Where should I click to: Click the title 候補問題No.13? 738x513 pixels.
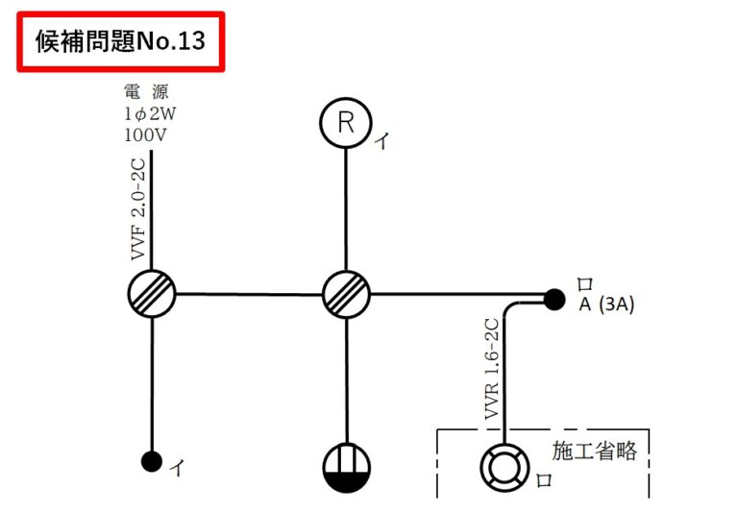click(120, 41)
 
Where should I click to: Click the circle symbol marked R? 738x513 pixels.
click(346, 122)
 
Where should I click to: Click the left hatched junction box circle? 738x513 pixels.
click(151, 293)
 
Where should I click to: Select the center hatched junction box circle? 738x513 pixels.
click(346, 293)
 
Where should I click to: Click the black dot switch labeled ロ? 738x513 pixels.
click(553, 300)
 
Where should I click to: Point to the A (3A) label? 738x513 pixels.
click(606, 305)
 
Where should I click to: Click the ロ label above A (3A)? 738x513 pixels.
click(583, 284)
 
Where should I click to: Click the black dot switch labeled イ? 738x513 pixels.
click(151, 462)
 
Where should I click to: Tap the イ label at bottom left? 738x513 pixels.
click(177, 468)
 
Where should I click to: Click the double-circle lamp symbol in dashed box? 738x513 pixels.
click(504, 468)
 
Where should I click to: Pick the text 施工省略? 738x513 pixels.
click(594, 451)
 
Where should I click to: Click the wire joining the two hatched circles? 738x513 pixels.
click(248, 293)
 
